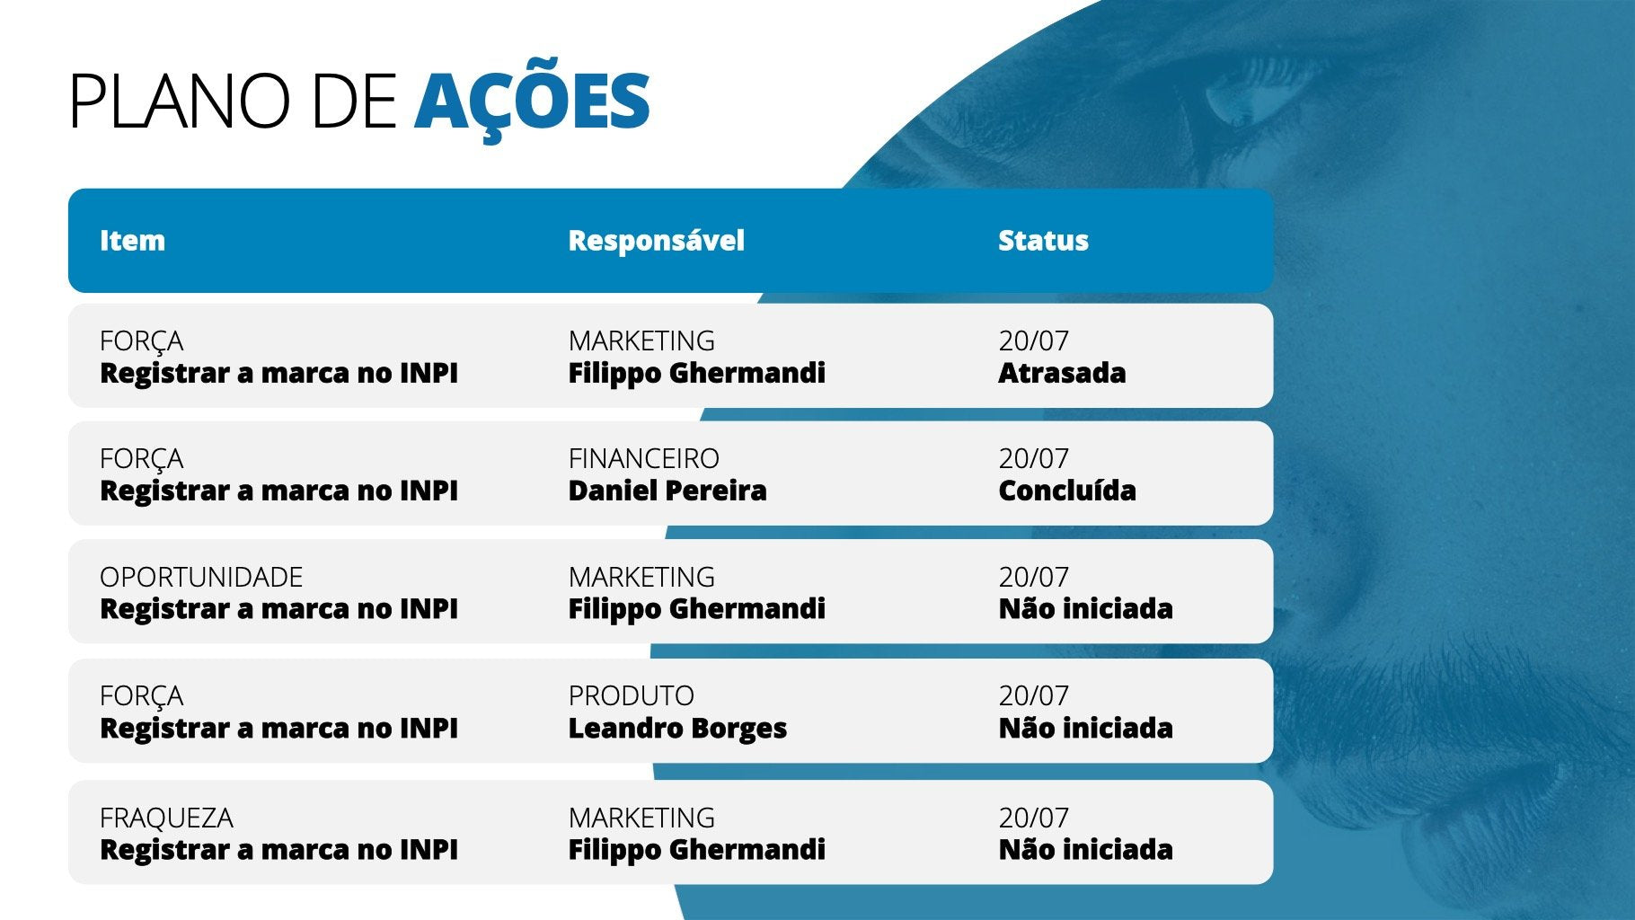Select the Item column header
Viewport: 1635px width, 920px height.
point(132,241)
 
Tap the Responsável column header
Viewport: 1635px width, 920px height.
point(656,241)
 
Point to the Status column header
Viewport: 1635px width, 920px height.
point(1043,241)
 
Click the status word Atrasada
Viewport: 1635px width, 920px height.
point(1062,373)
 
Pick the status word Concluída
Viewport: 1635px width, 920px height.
point(1067,491)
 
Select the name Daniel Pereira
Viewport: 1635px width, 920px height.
point(667,491)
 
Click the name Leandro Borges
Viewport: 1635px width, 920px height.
point(677,728)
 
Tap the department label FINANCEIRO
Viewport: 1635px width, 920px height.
point(643,459)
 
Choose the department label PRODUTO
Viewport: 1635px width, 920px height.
point(631,696)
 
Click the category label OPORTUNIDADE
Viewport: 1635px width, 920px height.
point(201,577)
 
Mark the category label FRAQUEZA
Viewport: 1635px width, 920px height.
point(166,818)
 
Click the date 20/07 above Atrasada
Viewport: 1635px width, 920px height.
point(1034,341)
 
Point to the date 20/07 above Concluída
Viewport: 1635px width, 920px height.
point(1034,459)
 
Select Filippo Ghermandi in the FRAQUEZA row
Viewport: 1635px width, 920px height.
point(696,850)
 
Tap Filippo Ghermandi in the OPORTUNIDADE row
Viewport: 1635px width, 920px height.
point(696,609)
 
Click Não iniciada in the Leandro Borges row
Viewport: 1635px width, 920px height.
point(1085,728)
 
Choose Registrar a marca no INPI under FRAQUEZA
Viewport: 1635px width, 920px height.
point(278,850)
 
